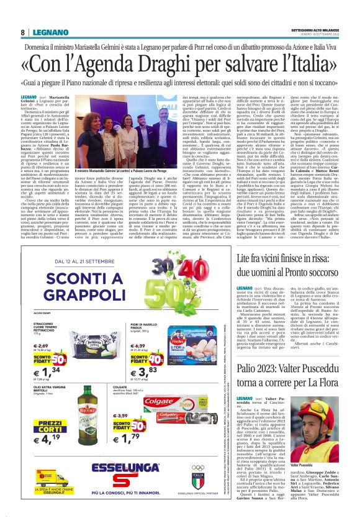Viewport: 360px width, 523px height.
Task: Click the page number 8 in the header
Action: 22,32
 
